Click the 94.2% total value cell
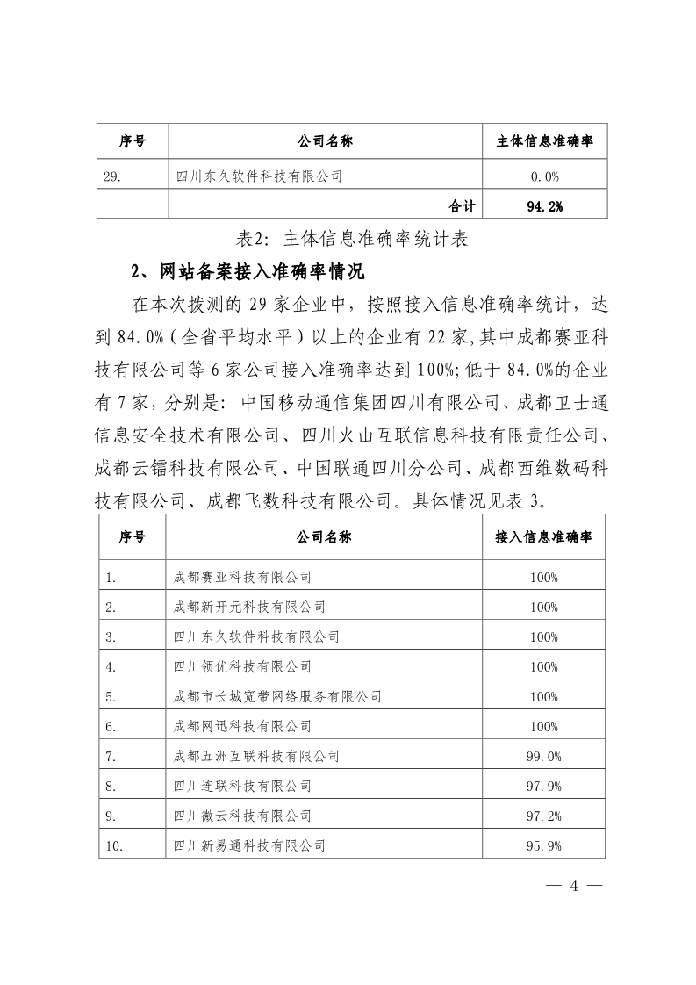[x=545, y=206]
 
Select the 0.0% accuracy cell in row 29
[x=545, y=176]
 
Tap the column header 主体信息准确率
[x=545, y=140]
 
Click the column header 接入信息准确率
[x=544, y=537]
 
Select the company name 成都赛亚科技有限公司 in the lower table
[x=243, y=578]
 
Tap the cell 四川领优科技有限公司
[x=243, y=667]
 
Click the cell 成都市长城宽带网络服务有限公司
[x=278, y=697]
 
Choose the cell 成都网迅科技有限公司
[x=243, y=727]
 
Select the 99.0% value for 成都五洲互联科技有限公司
[x=544, y=757]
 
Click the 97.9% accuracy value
[x=544, y=787]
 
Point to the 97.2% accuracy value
[x=544, y=816]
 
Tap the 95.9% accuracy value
[x=544, y=846]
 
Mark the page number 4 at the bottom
[x=575, y=885]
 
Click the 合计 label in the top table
[x=462, y=206]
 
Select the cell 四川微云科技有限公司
[x=243, y=816]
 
